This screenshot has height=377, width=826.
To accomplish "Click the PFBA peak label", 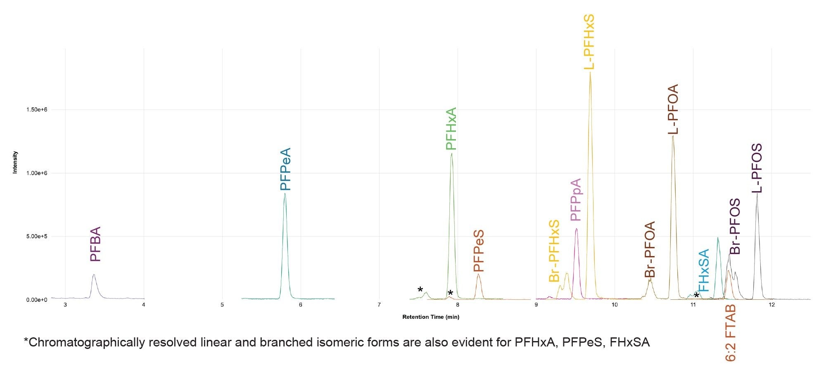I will (x=95, y=244).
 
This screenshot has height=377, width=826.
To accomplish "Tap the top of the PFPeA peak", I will (x=285, y=194).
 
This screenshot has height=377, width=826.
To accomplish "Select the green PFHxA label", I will (x=451, y=128).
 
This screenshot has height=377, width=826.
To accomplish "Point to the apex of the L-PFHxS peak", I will (x=590, y=73).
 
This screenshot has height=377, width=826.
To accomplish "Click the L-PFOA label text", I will (x=673, y=109).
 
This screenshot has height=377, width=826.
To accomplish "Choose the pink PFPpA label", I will (x=575, y=200).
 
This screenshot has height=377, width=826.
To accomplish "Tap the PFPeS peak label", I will (x=478, y=251).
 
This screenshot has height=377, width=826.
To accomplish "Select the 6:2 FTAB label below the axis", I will (x=731, y=333).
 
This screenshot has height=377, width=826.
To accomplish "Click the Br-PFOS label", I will (x=735, y=227).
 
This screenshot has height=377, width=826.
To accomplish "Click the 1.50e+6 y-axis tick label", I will (x=36, y=110).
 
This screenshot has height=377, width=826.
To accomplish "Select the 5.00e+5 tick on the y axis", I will (x=36, y=237).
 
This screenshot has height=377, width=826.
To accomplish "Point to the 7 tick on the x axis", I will (x=379, y=305).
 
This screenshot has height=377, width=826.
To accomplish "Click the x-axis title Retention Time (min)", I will (x=430, y=317).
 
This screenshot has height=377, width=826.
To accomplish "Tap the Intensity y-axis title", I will (x=15, y=162).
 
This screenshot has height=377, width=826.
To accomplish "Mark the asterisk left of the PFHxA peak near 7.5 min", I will (x=420, y=289).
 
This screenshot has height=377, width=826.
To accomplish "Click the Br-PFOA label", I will (x=650, y=249).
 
